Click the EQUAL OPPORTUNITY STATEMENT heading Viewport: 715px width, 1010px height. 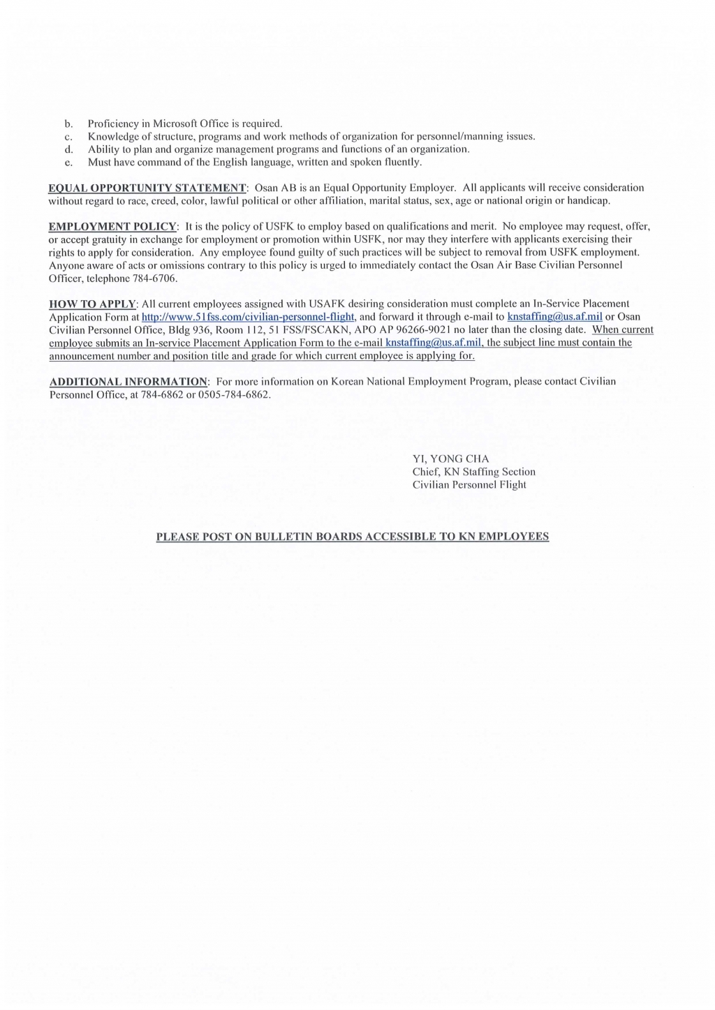pos(147,188)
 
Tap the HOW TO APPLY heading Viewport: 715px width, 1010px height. pos(92,304)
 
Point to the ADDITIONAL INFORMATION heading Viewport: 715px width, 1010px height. pos(128,382)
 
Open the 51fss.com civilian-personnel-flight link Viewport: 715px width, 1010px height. pos(249,317)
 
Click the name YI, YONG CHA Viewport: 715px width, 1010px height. pos(450,459)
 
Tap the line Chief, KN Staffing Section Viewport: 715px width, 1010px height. pos(473,472)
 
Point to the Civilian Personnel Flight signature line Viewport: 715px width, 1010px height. pos(469,485)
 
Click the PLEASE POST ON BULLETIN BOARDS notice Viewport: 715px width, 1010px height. pos(352,537)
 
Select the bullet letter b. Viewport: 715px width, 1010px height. pos(68,124)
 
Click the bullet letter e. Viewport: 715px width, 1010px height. pos(68,163)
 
